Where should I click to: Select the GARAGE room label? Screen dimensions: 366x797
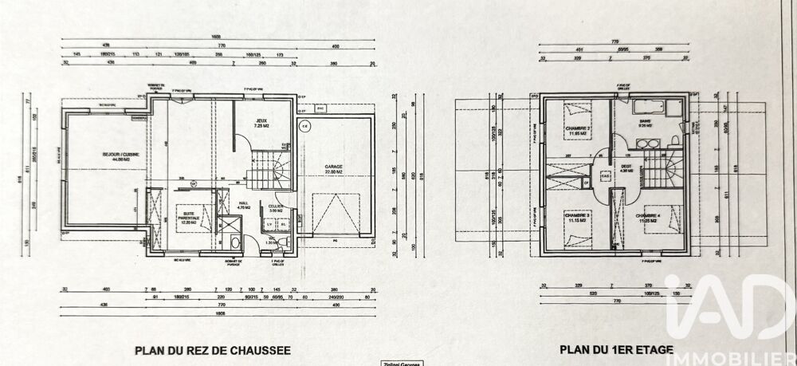point(333,170)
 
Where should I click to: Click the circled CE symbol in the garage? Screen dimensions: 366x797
point(304,126)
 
